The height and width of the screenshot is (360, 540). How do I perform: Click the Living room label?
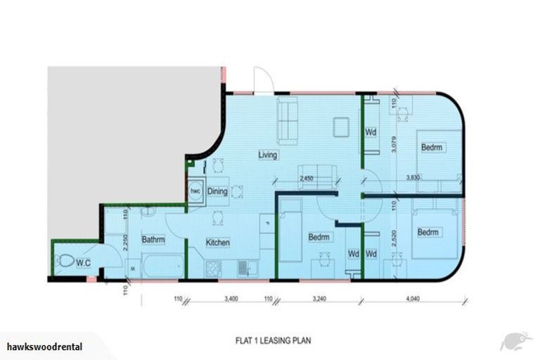point(268,155)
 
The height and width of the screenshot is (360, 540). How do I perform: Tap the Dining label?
point(217,191)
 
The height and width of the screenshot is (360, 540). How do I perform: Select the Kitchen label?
point(218,243)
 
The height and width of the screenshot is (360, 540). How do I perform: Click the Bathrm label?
point(153,240)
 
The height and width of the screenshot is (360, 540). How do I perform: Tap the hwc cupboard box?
point(195,191)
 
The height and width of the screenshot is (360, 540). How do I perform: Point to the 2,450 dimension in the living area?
point(307,179)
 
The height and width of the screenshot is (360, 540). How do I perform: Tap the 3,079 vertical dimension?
point(394,143)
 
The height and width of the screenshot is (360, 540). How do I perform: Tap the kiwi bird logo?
point(515,342)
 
